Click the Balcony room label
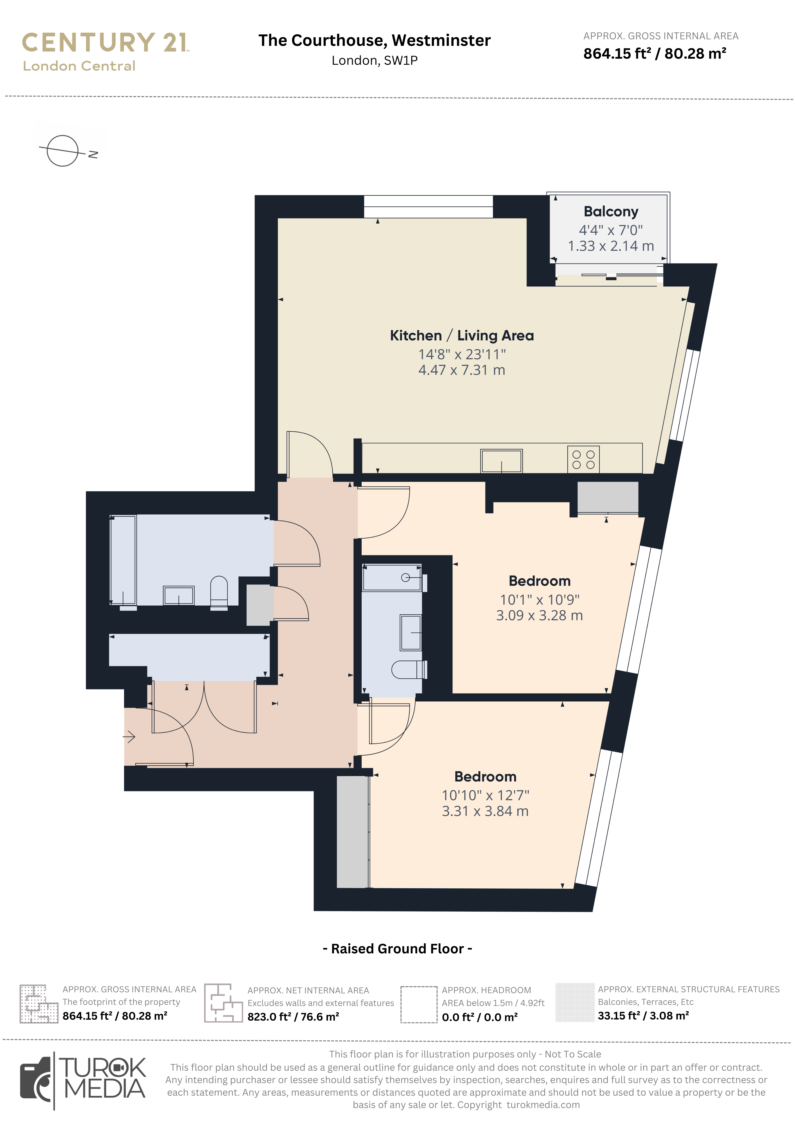(611, 212)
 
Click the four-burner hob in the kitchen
(583, 459)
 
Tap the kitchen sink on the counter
(502, 461)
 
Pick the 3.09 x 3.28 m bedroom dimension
(539, 615)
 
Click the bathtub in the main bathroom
(123, 560)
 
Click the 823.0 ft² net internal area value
(293, 1017)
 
